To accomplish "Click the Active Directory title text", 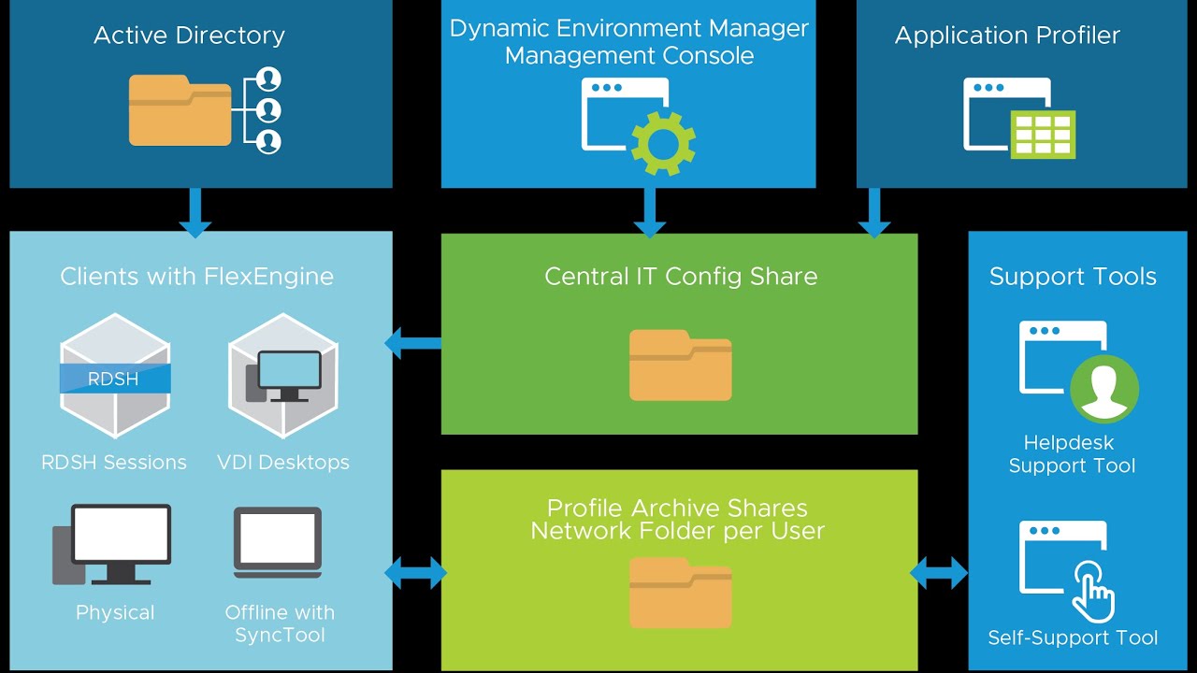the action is point(189,36).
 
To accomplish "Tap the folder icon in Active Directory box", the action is point(180,110).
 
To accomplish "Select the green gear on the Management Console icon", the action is point(663,143).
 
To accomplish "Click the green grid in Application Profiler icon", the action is point(1043,135).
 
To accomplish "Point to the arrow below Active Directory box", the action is point(195,212).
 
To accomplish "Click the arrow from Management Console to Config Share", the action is point(649,212).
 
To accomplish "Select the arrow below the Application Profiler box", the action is point(874,212).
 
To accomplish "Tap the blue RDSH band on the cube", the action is point(115,379).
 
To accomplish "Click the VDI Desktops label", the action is point(283,462).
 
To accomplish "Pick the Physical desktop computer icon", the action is point(112,544).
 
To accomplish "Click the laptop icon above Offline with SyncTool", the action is point(278,542).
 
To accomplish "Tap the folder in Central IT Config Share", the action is point(680,365).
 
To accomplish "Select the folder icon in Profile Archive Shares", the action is point(680,593).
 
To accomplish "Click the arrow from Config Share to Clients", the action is point(412,343).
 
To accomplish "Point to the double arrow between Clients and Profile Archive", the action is point(416,573).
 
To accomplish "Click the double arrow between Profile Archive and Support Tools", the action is point(938,573).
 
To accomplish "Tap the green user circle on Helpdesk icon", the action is point(1104,389).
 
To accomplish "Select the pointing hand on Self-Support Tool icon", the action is point(1093,592).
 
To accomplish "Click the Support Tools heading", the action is point(1073,277).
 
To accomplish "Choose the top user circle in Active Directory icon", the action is point(268,79).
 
